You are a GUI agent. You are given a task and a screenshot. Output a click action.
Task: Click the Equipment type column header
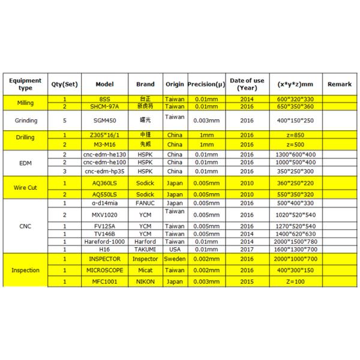[x=26, y=84]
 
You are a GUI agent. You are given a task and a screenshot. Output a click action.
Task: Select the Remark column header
[x=340, y=84]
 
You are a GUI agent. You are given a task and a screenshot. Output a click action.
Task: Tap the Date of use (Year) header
[x=247, y=84]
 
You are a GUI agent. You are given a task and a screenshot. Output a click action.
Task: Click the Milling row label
[x=26, y=103]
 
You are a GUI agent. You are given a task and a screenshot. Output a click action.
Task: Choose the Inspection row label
[x=26, y=270]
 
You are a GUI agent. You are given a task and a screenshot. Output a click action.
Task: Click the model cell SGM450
[x=105, y=121]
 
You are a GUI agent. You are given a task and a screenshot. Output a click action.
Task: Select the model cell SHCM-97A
[x=105, y=106]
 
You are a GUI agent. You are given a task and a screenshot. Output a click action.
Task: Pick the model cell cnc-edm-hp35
[x=105, y=170]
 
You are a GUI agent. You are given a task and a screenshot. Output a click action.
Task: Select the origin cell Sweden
[x=175, y=259]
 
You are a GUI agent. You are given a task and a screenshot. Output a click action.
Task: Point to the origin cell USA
[x=175, y=248]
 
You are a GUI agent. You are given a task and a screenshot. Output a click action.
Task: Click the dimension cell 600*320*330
[x=292, y=99]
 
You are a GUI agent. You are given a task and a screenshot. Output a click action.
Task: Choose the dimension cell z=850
[x=292, y=136]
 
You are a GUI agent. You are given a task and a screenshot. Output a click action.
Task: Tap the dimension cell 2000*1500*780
[x=292, y=241]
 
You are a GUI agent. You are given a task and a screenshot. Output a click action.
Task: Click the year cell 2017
[x=247, y=248]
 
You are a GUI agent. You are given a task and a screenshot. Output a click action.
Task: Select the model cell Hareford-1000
[x=105, y=241]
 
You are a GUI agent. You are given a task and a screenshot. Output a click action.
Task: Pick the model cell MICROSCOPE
[x=105, y=270]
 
